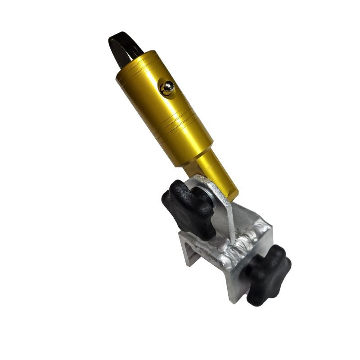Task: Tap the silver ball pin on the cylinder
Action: pyautogui.click(x=167, y=87)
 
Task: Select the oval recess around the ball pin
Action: pyautogui.click(x=167, y=88)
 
